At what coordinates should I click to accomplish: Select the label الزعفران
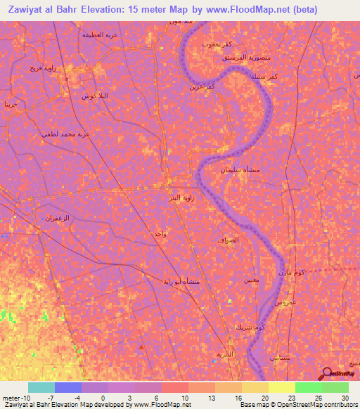point(58,218)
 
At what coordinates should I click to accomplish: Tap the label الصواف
point(229,240)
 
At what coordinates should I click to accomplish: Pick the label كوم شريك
point(252,327)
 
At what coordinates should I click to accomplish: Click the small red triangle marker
point(142,346)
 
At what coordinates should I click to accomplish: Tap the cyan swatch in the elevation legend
point(41,387)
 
